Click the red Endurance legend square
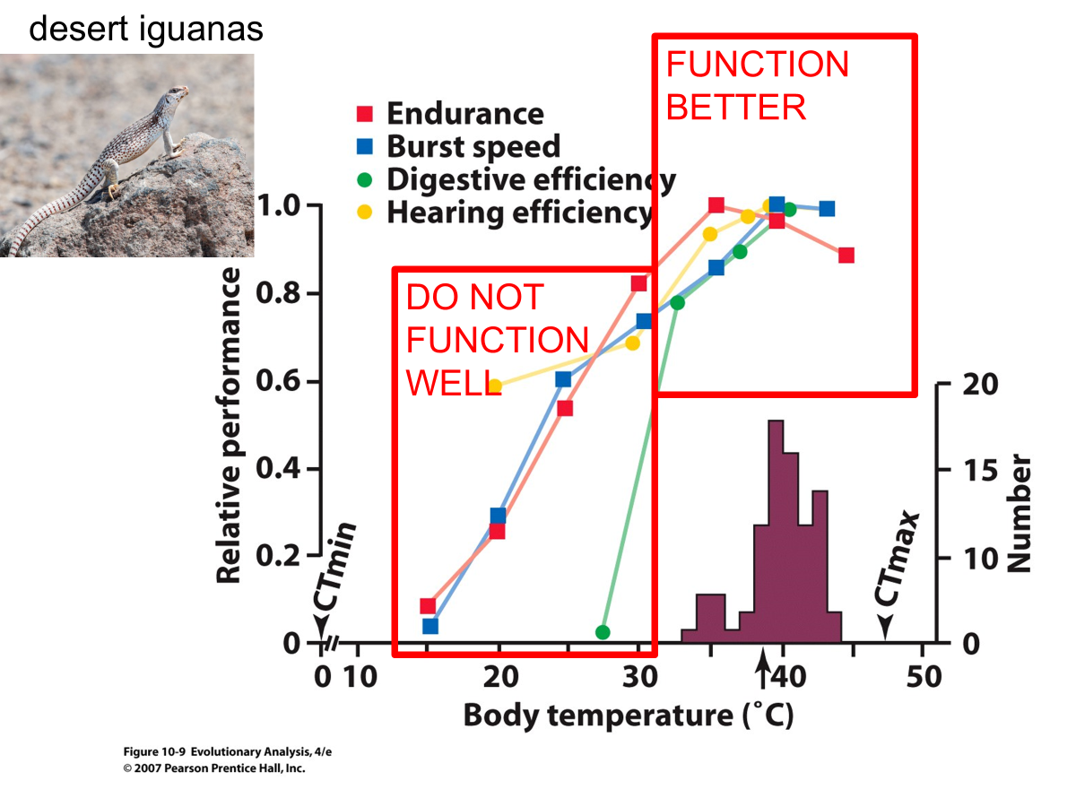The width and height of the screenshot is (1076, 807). [364, 113]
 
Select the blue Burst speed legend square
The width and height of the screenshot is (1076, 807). [364, 146]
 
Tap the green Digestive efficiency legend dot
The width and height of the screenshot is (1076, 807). [364, 179]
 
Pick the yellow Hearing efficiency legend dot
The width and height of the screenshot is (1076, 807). [364, 213]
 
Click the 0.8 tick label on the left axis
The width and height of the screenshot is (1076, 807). [278, 293]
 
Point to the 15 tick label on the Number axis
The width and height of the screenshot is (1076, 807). [980, 471]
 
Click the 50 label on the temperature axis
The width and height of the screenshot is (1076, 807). [924, 677]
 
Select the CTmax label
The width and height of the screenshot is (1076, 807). [897, 560]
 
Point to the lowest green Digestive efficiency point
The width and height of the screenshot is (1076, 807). [603, 632]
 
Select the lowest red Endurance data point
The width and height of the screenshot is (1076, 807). [428, 606]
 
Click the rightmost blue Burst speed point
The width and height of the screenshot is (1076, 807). [827, 209]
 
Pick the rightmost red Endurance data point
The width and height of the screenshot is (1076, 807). [846, 256]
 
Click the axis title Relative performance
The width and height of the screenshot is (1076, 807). [229, 425]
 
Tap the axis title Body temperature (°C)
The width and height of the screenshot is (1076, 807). [629, 716]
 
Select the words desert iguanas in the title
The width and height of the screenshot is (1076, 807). [146, 29]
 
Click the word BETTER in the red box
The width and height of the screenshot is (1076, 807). [736, 108]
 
